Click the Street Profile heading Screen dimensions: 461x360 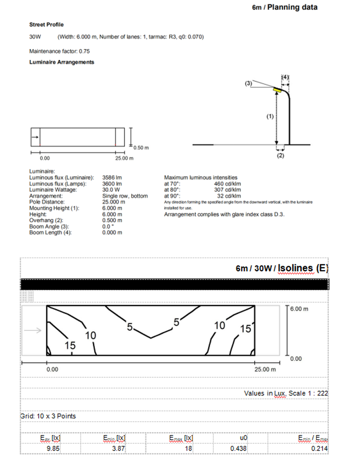[x=46, y=24]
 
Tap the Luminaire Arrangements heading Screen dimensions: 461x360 [x=62, y=62]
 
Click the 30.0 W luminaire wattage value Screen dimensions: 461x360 [x=110, y=190]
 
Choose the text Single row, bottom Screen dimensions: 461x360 [x=125, y=196]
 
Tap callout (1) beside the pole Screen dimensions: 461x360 [x=270, y=116]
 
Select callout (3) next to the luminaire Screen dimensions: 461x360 [x=249, y=83]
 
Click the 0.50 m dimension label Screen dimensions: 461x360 [x=141, y=147]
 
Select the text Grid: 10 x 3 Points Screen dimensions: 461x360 [x=48, y=416]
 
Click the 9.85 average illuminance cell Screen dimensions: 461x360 [x=54, y=448]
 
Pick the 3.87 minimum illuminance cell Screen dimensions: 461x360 [x=117, y=448]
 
